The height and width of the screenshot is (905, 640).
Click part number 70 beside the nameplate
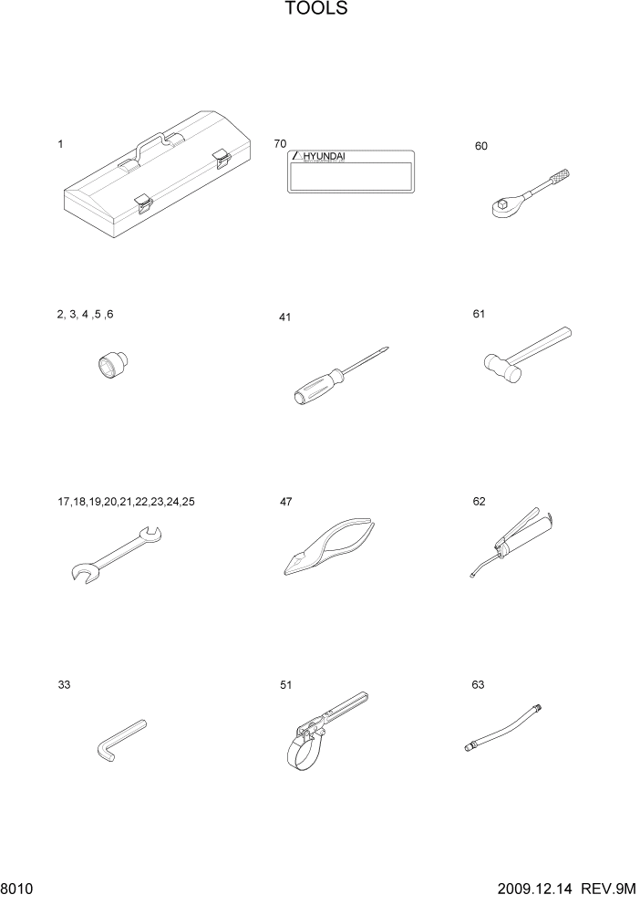click(x=280, y=144)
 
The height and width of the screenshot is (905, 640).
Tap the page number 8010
click(x=16, y=888)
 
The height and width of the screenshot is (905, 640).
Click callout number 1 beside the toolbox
click(x=60, y=144)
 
